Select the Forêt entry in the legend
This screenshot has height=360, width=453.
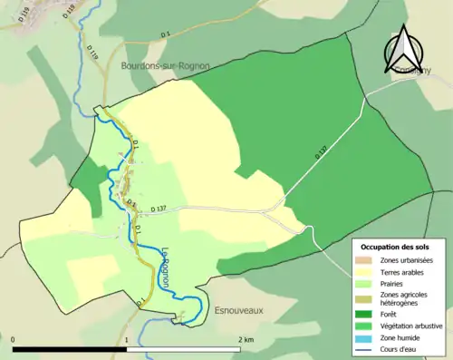[x=392, y=315]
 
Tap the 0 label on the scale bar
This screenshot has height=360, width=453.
[x=14, y=339]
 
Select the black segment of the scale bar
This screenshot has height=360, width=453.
[x=70, y=348]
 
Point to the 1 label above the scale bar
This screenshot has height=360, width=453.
[x=127, y=339]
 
